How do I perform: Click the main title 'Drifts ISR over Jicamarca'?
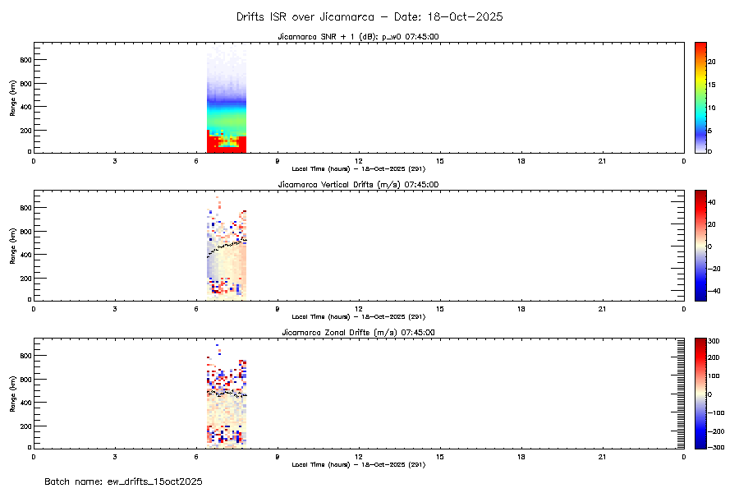click(x=369, y=16)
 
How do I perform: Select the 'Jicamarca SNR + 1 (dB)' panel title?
click(x=358, y=36)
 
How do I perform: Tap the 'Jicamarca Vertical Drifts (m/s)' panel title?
click(x=358, y=184)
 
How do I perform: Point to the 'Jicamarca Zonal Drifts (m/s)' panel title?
click(x=358, y=332)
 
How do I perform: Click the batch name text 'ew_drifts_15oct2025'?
click(x=123, y=481)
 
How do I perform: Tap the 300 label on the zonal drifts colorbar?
click(x=714, y=339)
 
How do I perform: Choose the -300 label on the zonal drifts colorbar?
click(x=716, y=448)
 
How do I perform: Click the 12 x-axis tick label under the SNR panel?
click(x=359, y=161)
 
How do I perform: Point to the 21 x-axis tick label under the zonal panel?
click(x=603, y=457)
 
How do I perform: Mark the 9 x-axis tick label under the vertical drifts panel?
click(x=278, y=309)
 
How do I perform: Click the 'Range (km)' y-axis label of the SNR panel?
click(x=12, y=98)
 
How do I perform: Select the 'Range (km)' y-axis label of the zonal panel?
click(x=12, y=394)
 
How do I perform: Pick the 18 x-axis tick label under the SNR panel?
click(x=521, y=161)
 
